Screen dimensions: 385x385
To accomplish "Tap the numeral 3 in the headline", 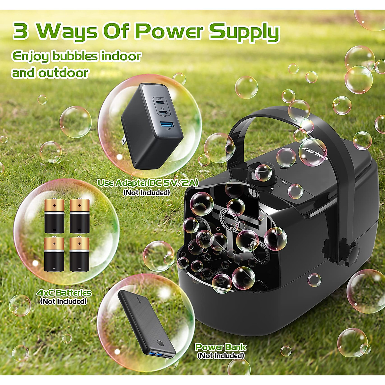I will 21,31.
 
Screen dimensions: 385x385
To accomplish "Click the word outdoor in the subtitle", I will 63,73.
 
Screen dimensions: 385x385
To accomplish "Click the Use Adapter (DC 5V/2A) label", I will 148,183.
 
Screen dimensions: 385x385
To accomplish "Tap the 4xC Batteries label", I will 64,293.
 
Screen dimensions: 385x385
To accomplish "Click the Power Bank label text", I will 220,347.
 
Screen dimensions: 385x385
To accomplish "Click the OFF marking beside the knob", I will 284,184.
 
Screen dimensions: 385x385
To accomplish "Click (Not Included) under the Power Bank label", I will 220,355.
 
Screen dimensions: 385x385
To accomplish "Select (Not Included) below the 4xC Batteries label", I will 63,301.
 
